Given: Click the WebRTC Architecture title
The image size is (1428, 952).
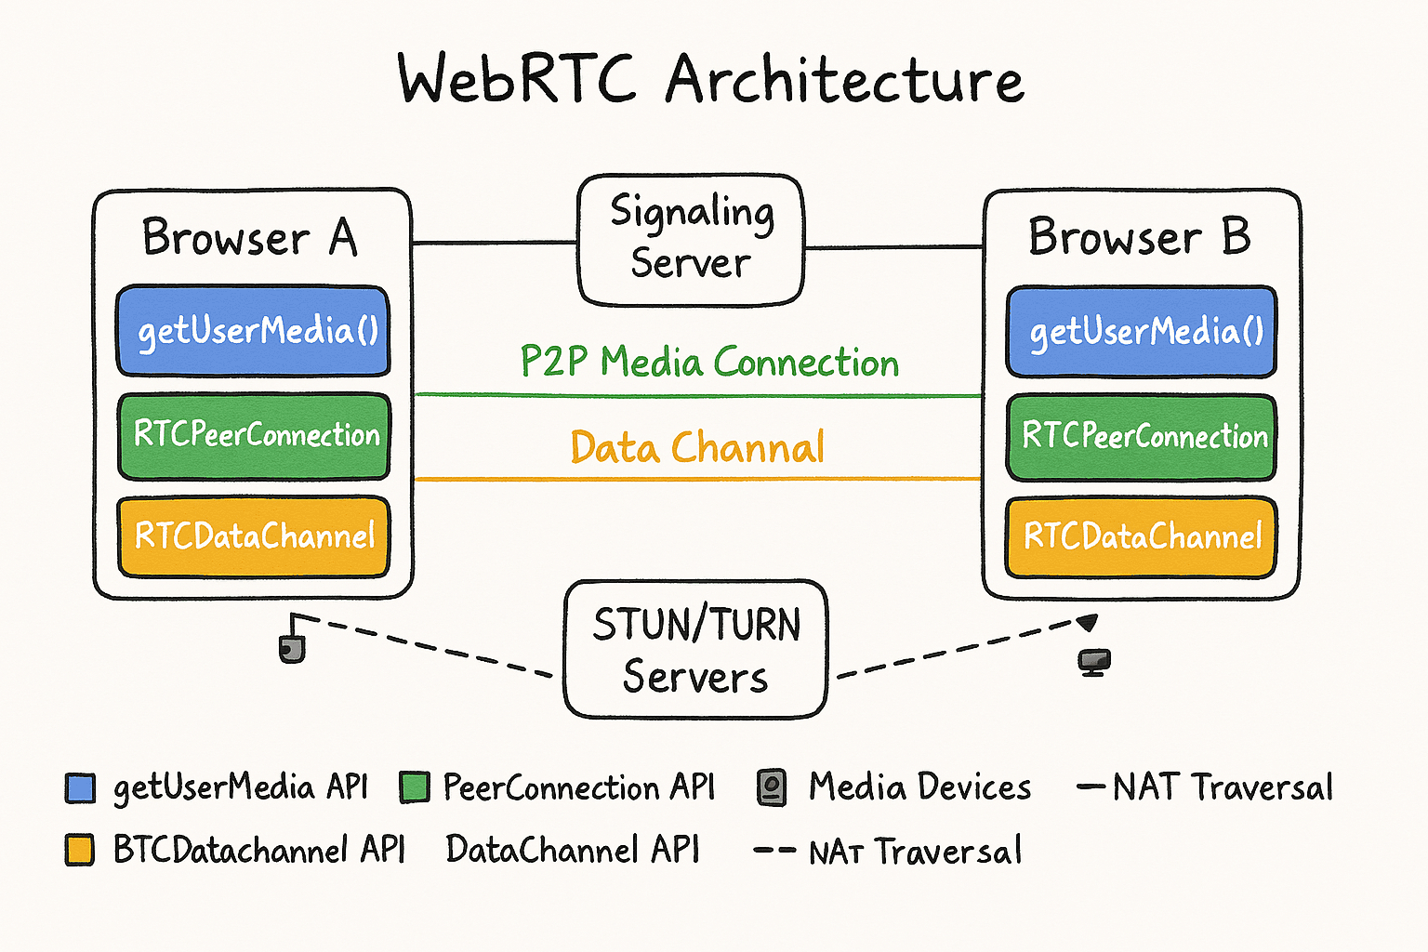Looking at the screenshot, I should [710, 80].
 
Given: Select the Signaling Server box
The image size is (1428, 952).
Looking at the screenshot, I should [691, 239].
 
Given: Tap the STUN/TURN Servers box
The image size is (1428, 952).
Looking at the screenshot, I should [695, 650].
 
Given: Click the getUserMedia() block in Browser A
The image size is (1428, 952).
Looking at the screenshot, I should [253, 331].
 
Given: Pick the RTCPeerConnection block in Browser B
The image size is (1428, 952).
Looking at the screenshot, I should [1142, 436].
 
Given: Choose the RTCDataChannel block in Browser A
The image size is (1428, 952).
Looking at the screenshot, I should [253, 536].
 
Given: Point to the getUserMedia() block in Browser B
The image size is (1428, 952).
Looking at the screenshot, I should [1142, 332].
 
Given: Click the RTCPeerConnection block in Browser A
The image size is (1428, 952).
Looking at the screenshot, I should [253, 435].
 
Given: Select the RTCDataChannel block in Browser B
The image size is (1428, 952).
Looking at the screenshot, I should [1142, 537].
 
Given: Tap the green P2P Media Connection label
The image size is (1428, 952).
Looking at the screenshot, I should [709, 362].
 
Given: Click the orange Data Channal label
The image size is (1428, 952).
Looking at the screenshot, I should [697, 447].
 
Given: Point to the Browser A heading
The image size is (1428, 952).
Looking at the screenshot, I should [249, 237].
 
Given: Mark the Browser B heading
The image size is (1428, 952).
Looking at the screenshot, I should [1140, 237].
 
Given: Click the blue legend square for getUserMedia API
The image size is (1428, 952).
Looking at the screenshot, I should [81, 788].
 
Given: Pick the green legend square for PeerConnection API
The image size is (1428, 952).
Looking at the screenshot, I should [415, 787].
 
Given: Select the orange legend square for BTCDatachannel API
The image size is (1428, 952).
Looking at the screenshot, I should [80, 850].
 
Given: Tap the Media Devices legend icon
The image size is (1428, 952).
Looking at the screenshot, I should [772, 787].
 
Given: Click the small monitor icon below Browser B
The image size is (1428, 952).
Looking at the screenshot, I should [1094, 662].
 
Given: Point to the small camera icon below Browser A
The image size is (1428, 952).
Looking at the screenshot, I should [292, 648].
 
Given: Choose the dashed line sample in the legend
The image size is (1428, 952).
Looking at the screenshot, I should [773, 851].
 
